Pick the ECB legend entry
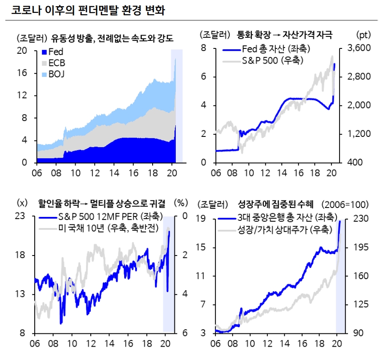pyautogui.click(x=55, y=63)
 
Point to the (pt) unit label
pyautogui.click(x=363, y=34)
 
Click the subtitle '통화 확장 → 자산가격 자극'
pyautogui.click(x=285, y=34)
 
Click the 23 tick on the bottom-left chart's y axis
pyautogui.click(x=22, y=216)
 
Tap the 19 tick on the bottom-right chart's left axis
pyautogui.click(x=206, y=219)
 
